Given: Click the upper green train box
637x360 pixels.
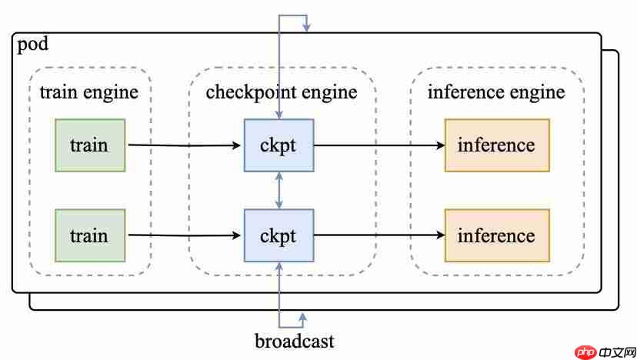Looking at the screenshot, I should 90,145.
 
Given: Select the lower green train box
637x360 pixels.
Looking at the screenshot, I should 90,235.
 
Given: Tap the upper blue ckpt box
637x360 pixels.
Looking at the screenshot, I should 278,145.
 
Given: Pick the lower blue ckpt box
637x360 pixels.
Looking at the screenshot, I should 278,235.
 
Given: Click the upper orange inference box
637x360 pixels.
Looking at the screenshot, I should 496,145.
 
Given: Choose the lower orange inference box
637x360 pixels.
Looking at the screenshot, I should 496,235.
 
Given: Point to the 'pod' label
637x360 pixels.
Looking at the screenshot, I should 32,44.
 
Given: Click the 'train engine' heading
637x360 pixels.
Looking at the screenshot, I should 88,93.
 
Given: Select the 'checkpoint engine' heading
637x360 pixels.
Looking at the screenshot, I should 282,93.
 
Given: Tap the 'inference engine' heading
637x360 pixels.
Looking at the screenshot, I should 496,93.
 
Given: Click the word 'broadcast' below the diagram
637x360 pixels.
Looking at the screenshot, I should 295,340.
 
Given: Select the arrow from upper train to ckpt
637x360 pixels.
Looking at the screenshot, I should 185,145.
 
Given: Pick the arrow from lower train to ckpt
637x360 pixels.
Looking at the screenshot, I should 185,235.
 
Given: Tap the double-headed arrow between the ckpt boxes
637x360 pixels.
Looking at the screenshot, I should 278,189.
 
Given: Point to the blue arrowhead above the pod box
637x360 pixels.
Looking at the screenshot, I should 307,27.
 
